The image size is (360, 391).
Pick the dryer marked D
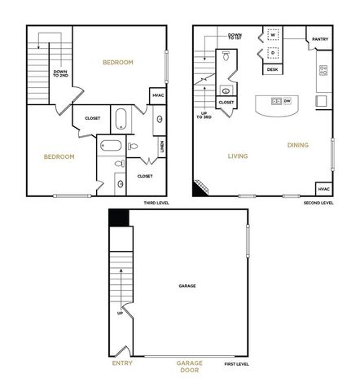[273, 55]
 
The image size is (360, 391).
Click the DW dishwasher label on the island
[288, 101]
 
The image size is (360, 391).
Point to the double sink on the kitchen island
[277, 101]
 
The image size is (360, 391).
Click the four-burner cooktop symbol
[323, 71]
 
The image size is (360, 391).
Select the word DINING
[297, 146]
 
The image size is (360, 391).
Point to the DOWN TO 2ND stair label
[60, 73]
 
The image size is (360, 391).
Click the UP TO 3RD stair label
[204, 115]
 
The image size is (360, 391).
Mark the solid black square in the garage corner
[119, 218]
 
